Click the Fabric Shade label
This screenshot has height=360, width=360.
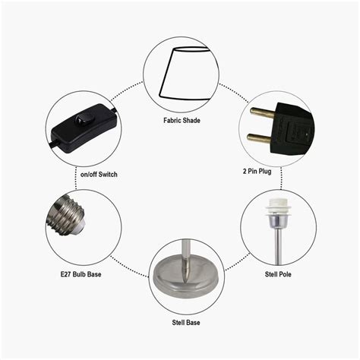pyautogui.click(x=182, y=120)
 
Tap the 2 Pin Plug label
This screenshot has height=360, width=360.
pyautogui.click(x=257, y=172)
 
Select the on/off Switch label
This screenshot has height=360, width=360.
pyautogui.click(x=99, y=174)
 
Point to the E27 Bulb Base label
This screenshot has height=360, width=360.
pyautogui.click(x=81, y=274)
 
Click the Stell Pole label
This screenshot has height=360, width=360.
pyautogui.click(x=278, y=274)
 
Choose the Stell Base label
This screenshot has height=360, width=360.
pyautogui.click(x=186, y=323)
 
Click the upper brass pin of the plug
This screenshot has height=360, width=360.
pyautogui.click(x=262, y=112)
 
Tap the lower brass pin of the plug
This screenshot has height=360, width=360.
pyautogui.click(x=260, y=139)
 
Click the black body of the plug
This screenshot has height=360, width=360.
pyautogui.click(x=293, y=129)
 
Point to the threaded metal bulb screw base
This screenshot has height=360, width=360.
pyautogui.click(x=66, y=215)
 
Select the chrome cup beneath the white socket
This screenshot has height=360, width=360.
pyautogui.click(x=278, y=221)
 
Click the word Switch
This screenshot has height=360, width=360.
pyautogui.click(x=108, y=174)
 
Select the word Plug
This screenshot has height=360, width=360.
pyautogui.click(x=265, y=172)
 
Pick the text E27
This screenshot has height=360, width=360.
pyautogui.click(x=65, y=274)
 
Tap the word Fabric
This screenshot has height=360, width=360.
pyautogui.click(x=172, y=120)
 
